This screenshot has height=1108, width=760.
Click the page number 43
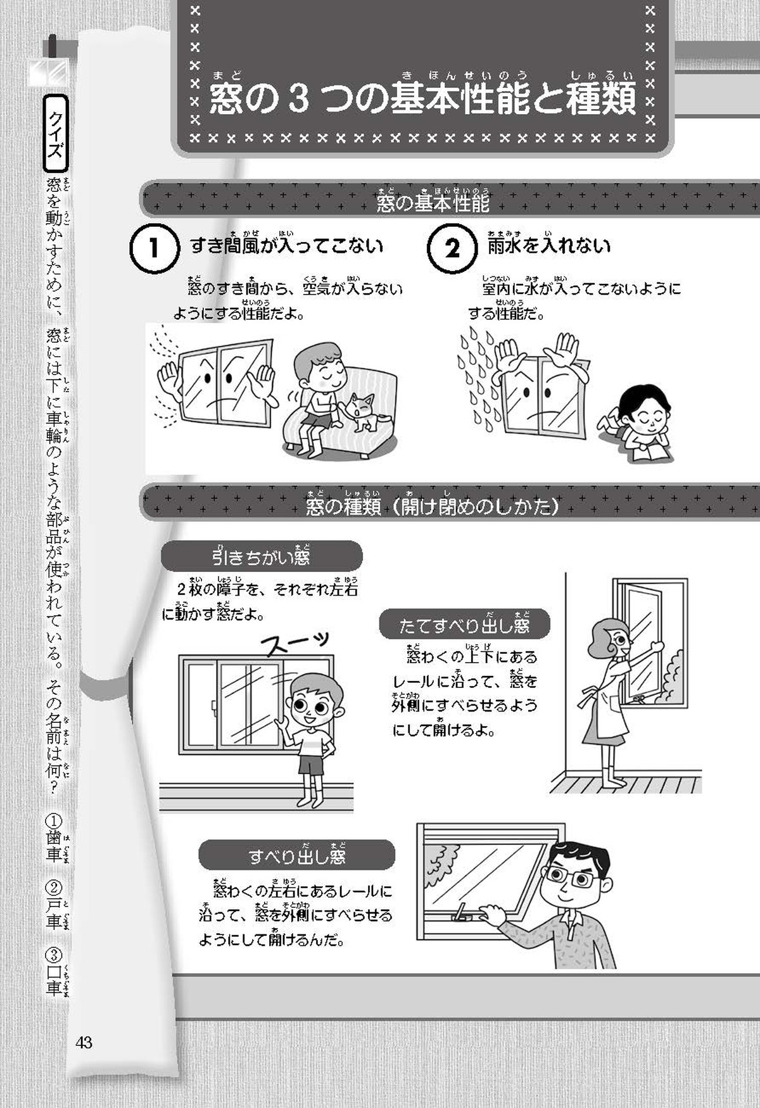pos(84,1042)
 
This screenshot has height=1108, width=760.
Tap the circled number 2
pos(452,248)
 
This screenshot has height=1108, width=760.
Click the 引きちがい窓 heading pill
pos(262,556)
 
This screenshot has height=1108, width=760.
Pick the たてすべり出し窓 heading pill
pos(464,625)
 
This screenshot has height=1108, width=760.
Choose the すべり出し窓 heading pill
pos(296,855)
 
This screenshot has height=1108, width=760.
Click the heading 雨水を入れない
pos(548,245)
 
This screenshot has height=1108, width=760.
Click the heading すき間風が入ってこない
pos(287,245)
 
